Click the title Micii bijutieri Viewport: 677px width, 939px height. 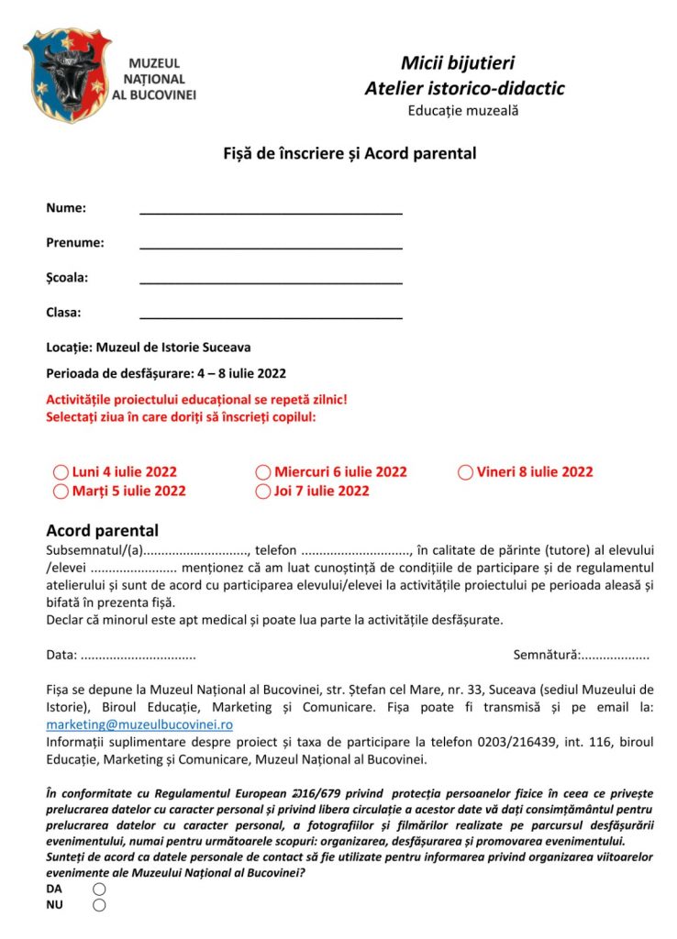click(x=457, y=63)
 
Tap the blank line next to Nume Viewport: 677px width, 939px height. click(x=271, y=208)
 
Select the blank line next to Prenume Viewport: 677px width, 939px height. click(x=271, y=243)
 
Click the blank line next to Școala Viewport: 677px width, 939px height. click(x=271, y=278)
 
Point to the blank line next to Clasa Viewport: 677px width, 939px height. click(x=271, y=313)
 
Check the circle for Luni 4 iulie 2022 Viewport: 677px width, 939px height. click(x=61, y=473)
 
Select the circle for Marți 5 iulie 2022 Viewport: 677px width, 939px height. click(x=61, y=492)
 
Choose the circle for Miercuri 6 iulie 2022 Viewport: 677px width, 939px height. click(x=263, y=473)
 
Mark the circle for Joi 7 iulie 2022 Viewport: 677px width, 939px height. click(x=263, y=492)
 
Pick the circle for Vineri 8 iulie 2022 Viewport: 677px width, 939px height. click(x=466, y=473)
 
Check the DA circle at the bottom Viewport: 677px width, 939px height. click(x=99, y=889)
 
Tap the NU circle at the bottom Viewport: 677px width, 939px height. click(x=99, y=905)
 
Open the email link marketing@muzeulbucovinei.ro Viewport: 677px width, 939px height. click(x=139, y=724)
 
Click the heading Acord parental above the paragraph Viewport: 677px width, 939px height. click(x=102, y=531)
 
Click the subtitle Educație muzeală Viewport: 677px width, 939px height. click(x=463, y=111)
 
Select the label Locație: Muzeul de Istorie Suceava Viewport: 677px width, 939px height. click(x=149, y=348)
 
